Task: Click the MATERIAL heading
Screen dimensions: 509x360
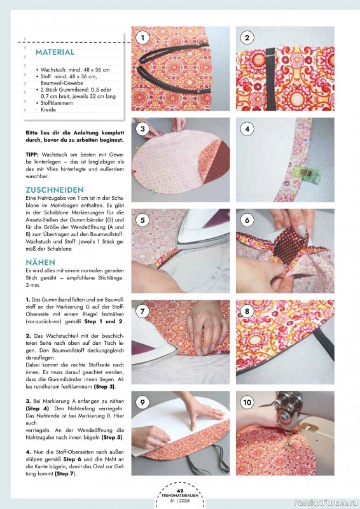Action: click(x=55, y=52)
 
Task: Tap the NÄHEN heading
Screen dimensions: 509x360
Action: click(x=40, y=262)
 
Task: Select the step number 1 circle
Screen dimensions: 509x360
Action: click(x=143, y=38)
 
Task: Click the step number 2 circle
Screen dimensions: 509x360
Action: click(x=247, y=38)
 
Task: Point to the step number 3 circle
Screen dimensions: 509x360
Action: click(x=143, y=129)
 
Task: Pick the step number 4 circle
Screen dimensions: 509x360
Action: click(x=247, y=129)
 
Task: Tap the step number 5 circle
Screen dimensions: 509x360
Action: click(x=143, y=220)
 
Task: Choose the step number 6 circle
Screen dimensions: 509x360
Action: click(x=247, y=220)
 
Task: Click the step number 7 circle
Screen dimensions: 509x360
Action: click(x=143, y=312)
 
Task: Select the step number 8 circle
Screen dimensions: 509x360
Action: click(x=247, y=312)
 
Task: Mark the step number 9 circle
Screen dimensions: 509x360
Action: click(x=143, y=403)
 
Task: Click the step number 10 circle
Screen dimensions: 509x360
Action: click(x=247, y=403)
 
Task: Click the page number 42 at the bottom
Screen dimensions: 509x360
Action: click(x=180, y=490)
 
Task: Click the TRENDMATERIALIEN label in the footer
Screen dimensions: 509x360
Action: click(x=180, y=495)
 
